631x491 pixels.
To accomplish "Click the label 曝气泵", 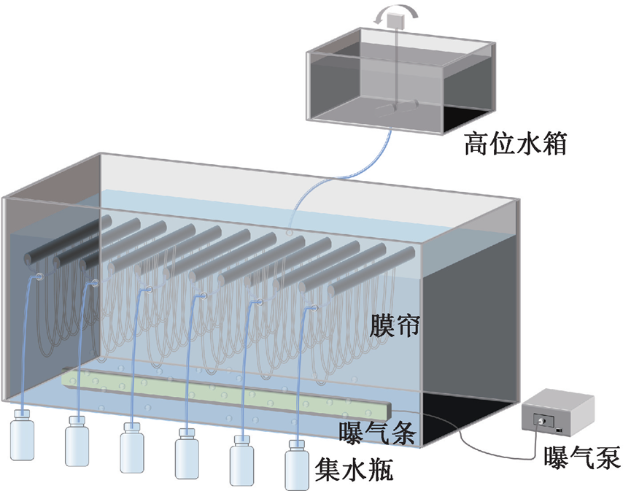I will (x=581, y=459).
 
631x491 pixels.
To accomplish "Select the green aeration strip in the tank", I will (x=219, y=395).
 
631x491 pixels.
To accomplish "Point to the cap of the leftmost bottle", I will (x=23, y=414).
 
